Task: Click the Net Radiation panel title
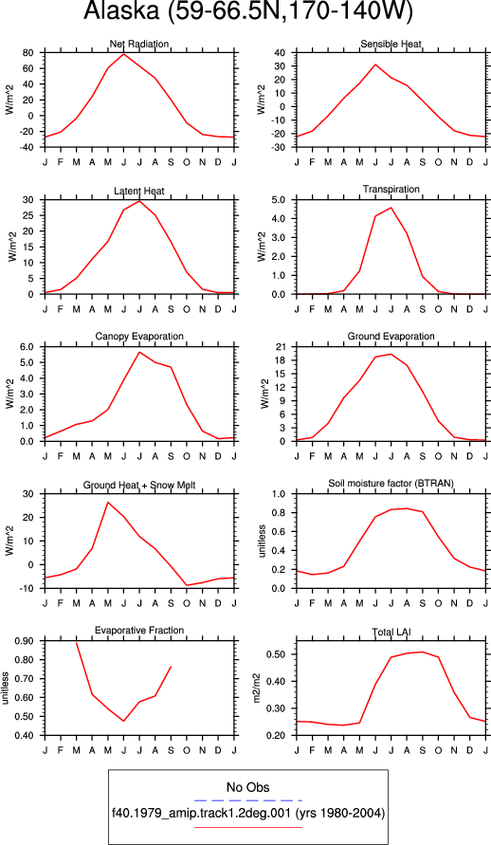pyautogui.click(x=139, y=44)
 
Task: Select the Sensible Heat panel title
pyautogui.click(x=391, y=44)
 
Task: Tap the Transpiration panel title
pyautogui.click(x=391, y=189)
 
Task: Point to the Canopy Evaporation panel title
pyautogui.click(x=139, y=337)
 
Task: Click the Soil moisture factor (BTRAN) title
pyautogui.click(x=391, y=484)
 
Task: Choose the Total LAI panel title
pyautogui.click(x=391, y=632)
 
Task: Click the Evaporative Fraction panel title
pyautogui.click(x=139, y=631)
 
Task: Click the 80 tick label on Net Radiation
pyautogui.click(x=28, y=53)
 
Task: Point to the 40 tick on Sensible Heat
pyautogui.click(x=280, y=53)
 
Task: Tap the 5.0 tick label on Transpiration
pyautogui.click(x=278, y=200)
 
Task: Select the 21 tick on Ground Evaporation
pyautogui.click(x=280, y=346)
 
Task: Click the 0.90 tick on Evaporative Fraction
pyautogui.click(x=25, y=641)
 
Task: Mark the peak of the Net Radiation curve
pyautogui.click(x=124, y=54)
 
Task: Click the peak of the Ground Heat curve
pyautogui.click(x=108, y=503)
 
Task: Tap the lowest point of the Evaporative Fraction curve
pyautogui.click(x=124, y=721)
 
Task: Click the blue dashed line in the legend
pyautogui.click(x=247, y=800)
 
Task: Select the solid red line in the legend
pyautogui.click(x=247, y=827)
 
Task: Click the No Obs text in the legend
pyautogui.click(x=247, y=787)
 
